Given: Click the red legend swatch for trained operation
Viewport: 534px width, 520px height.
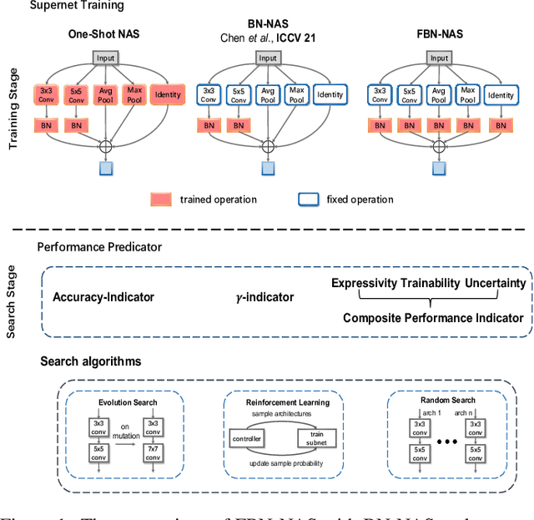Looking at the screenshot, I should pyautogui.click(x=160, y=199).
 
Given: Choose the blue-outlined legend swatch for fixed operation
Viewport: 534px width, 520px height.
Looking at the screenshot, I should pyautogui.click(x=308, y=199).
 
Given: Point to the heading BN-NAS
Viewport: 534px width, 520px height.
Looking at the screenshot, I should pyautogui.click(x=267, y=24).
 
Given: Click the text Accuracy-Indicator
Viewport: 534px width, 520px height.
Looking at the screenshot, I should pyautogui.click(x=103, y=297).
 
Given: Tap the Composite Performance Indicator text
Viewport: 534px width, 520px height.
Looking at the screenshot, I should pyautogui.click(x=433, y=317).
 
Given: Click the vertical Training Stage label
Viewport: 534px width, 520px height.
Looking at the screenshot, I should pyautogui.click(x=13, y=109).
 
